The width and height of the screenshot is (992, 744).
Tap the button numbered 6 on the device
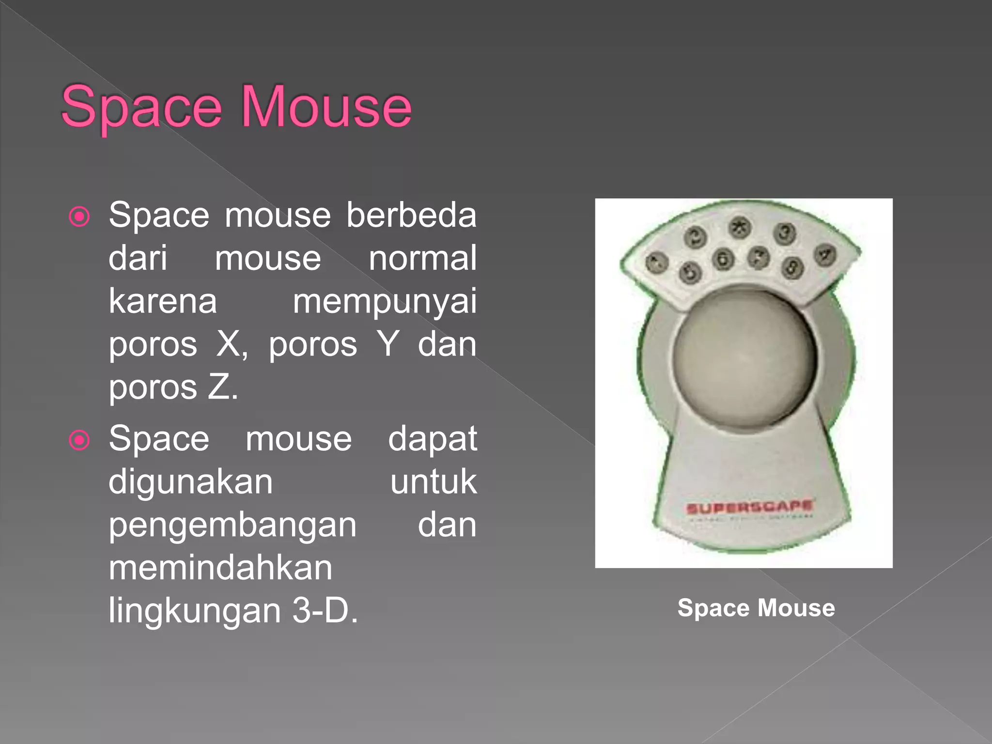click(723, 259)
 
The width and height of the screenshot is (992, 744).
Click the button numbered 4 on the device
click(825, 255)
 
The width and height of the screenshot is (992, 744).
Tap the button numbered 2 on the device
click(696, 237)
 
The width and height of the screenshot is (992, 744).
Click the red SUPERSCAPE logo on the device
click(749, 507)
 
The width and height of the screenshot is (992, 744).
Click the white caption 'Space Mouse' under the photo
click(756, 608)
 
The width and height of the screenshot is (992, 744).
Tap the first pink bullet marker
click(79, 217)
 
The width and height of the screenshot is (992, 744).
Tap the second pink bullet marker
click(79, 440)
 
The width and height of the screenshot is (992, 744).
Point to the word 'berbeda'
click(411, 215)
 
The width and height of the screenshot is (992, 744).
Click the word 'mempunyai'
click(385, 301)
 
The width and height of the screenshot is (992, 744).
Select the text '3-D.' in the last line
click(325, 610)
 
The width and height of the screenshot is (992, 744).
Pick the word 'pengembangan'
click(232, 526)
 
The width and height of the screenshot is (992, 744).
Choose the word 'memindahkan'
click(220, 568)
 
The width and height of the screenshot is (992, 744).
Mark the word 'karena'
click(163, 301)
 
